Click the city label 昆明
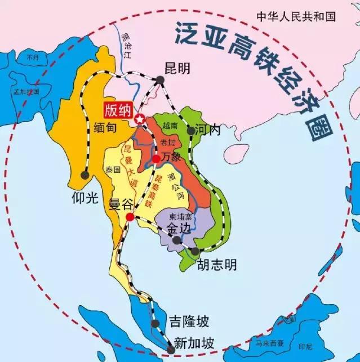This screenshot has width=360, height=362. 178,68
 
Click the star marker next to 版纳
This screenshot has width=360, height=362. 139,119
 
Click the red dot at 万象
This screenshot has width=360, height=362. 156,159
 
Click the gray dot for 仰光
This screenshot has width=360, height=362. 85,175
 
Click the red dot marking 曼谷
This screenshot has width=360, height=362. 130,217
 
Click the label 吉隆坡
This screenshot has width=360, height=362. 189,322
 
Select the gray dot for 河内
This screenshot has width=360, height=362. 192,131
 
